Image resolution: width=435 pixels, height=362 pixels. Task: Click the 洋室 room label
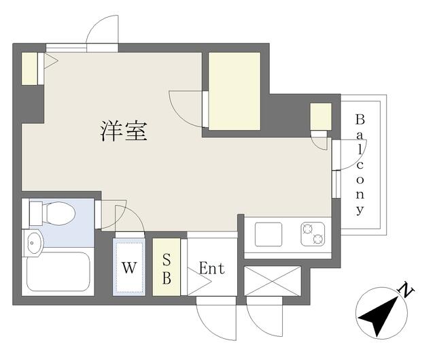coord(124,131)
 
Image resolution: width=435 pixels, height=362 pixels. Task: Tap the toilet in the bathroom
coord(52,213)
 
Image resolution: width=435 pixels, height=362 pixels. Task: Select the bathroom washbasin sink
coord(33,243)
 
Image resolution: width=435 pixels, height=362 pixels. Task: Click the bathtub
coord(58,271)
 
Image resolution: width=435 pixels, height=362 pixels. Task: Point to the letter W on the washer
coord(129,268)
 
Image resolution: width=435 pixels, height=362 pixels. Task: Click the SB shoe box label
coord(167,269)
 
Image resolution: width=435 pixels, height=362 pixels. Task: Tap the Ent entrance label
coord(212,268)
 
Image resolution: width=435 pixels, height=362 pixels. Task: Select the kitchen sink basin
coord(268,234)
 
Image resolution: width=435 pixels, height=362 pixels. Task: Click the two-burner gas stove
coord(313,234)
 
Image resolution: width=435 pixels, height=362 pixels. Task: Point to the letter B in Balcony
coord(360,120)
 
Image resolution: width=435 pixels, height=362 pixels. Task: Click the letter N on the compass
coord(406,291)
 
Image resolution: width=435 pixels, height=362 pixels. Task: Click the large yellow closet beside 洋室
coord(234,91)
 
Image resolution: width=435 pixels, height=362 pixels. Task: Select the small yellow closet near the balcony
coord(321,116)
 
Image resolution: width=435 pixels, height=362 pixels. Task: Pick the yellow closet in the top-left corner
coord(29,68)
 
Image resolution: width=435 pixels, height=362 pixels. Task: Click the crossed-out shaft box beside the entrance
coord(273,281)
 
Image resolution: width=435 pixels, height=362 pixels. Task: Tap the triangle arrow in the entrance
coord(199,282)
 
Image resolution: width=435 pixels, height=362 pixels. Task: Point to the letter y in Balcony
coord(360,210)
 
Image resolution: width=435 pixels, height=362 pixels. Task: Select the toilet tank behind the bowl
coord(36,214)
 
